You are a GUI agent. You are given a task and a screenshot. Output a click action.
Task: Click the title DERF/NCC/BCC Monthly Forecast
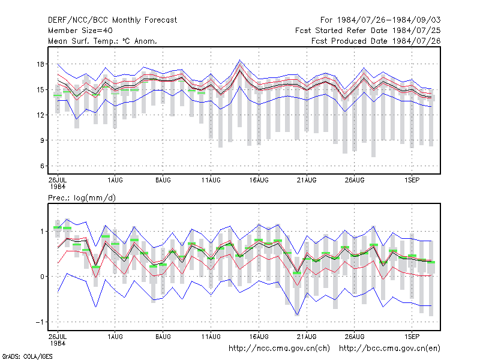tap(112, 20)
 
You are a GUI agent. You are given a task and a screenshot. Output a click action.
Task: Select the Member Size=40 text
tap(80, 31)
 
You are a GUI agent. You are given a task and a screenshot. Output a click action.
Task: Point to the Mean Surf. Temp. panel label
tap(103, 41)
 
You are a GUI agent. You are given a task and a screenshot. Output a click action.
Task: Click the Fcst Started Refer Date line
tap(368, 31)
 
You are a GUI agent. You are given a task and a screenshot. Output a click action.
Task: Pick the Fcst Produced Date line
tap(376, 41)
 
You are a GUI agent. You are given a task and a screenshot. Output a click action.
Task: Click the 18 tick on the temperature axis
tap(40, 64)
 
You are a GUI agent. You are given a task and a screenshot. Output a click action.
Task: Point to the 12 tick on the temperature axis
tap(40, 115)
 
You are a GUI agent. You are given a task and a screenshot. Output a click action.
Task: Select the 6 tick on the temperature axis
tap(42, 166)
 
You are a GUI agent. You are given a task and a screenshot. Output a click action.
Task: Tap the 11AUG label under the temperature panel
tap(211, 180)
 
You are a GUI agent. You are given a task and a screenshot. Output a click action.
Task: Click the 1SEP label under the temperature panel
tap(412, 180)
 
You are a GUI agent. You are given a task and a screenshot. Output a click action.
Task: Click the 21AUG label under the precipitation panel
tap(307, 337)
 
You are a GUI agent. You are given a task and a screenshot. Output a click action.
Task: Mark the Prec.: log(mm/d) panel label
tap(82, 198)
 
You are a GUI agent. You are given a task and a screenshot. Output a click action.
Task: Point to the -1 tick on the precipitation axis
tap(40, 322)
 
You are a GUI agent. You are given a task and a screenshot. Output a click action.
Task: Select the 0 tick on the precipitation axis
tap(42, 277)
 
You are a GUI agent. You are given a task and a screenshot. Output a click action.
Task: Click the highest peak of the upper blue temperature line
tap(239, 60)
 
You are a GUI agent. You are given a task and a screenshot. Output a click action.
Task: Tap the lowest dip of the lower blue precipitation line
tap(297, 315)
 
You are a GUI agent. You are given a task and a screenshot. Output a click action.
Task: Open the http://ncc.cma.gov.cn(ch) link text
tap(279, 349)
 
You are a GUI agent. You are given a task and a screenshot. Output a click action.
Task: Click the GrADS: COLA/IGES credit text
tap(28, 356)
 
